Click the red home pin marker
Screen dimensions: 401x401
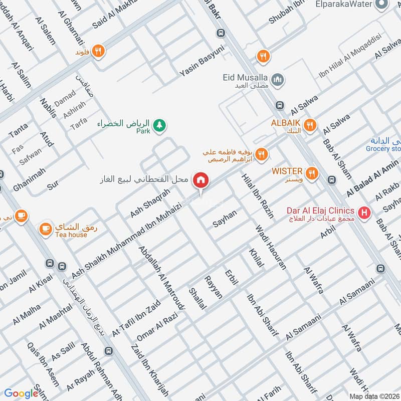201,180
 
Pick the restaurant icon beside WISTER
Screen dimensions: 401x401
313,173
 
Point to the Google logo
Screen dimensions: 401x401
21,393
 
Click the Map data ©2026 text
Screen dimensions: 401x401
374,396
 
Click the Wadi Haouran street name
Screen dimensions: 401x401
271,248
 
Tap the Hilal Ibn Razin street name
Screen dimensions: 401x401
258,196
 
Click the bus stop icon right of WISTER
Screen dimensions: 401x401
331,179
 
